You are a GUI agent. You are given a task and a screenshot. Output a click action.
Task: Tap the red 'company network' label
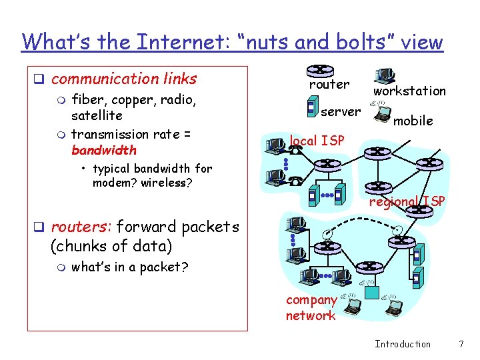[311, 308]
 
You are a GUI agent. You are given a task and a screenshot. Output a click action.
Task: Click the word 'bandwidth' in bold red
[103, 150]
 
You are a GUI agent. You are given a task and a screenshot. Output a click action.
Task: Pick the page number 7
[460, 344]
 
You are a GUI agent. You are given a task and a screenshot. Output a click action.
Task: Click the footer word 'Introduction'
[403, 344]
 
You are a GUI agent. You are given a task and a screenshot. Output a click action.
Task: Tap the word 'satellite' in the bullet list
[97, 115]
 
